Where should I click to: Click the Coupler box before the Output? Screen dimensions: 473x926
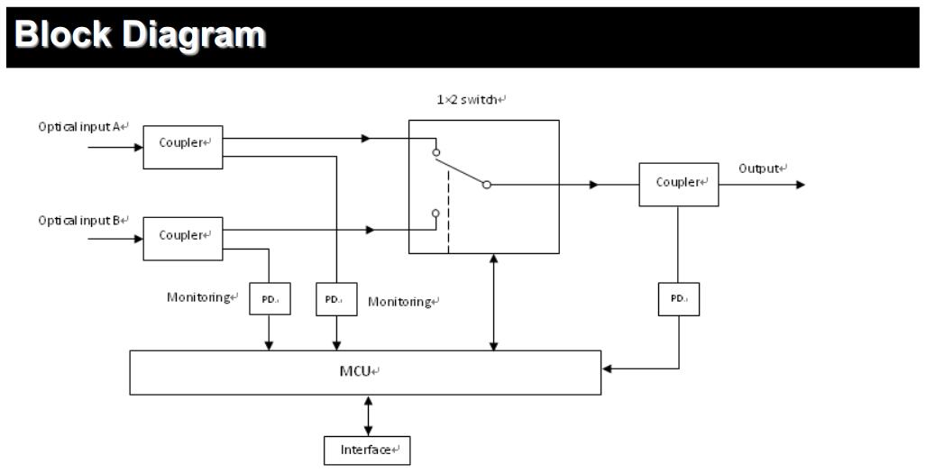tap(678, 184)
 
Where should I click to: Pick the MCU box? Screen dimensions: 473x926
tap(365, 372)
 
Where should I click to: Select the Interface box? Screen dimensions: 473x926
tap(367, 449)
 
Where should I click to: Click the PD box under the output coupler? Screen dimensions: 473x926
tap(678, 298)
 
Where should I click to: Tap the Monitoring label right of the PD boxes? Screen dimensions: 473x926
tap(403, 302)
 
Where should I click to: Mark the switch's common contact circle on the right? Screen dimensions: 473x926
tap(486, 185)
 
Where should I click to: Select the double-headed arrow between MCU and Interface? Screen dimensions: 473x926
tap(367, 415)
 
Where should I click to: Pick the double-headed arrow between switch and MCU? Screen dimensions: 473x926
tap(493, 302)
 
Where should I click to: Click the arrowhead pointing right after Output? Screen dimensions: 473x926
tap(799, 185)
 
